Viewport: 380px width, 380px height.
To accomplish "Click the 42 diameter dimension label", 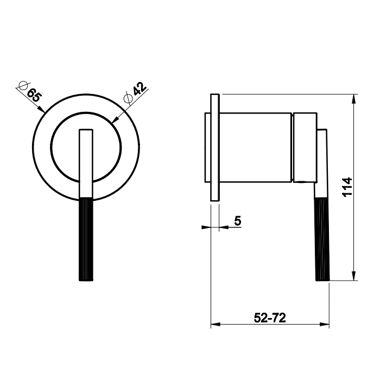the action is point(139,89).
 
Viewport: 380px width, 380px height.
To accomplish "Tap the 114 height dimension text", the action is point(347,187).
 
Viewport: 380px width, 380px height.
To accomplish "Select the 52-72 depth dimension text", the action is point(270,318).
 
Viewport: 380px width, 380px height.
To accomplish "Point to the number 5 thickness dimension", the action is point(238,221).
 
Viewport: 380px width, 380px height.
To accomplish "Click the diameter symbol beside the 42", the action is point(128,98).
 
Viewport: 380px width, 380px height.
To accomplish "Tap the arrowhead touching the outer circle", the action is point(41,110).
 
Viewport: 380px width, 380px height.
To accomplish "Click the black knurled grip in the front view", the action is point(86,239).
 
